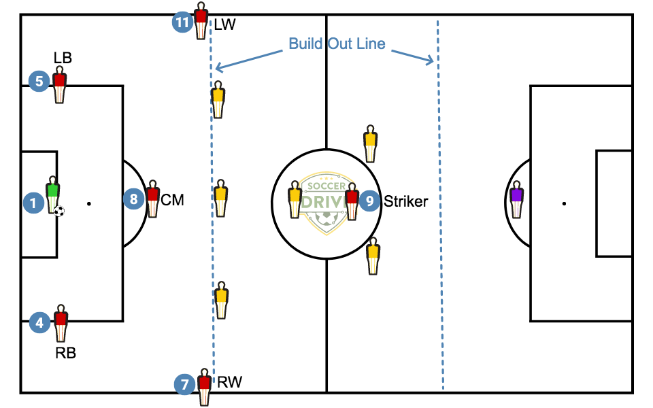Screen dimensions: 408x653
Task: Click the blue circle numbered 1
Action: point(33,201)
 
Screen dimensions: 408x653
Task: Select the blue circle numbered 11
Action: point(182,22)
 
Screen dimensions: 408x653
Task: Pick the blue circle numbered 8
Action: point(134,199)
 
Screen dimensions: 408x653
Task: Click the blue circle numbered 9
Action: point(369,201)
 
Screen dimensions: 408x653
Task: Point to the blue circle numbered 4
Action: point(40,323)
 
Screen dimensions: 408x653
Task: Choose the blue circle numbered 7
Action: point(184,385)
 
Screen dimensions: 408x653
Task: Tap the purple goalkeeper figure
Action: point(516,199)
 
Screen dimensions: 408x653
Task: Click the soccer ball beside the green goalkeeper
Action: point(59,211)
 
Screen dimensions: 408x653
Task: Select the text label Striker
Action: point(406,201)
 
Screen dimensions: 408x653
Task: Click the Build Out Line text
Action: point(337,44)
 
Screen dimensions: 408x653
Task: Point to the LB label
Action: point(63,58)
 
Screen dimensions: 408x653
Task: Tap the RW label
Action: point(229,382)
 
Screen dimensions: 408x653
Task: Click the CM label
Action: point(172,200)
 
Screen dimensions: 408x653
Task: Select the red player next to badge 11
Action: point(201,21)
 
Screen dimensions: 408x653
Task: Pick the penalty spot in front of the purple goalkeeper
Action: point(565,203)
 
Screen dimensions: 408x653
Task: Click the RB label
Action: point(66,353)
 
